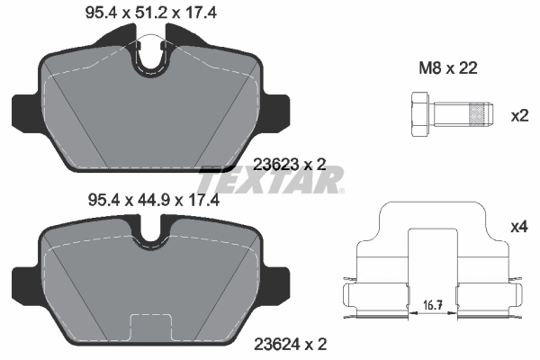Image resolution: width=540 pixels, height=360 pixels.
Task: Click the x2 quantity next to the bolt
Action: tap(519, 115)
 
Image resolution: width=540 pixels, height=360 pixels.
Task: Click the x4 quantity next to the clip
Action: tap(519, 228)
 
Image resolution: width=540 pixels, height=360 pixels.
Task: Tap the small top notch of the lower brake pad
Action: tap(150, 236)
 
